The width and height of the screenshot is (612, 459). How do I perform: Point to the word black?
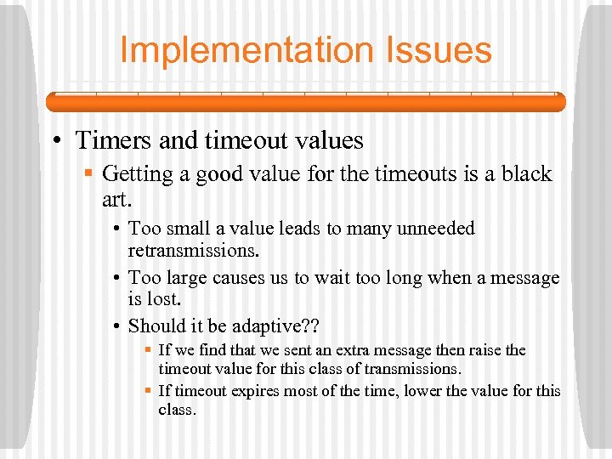coord(524,174)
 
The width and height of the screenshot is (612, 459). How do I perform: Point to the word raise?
coord(484,350)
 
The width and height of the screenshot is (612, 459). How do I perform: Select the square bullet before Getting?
coord(89,175)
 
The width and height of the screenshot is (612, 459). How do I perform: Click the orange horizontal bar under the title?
coord(305,102)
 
